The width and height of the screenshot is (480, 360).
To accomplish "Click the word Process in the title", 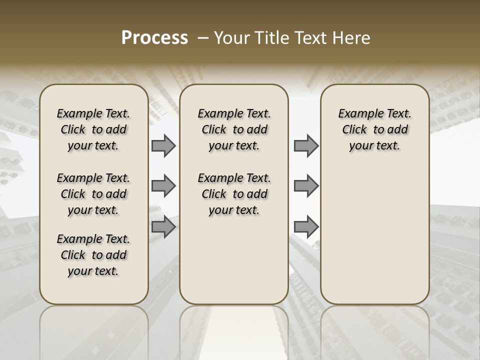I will pyautogui.click(x=154, y=38).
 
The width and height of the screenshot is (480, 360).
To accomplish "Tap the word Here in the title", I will pyautogui.click(x=352, y=38).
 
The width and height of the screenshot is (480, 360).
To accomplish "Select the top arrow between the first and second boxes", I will pyautogui.click(x=163, y=145).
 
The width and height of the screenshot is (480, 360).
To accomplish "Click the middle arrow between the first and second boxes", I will pyautogui.click(x=163, y=186).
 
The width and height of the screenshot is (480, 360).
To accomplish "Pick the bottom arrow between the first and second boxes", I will pyautogui.click(x=163, y=227).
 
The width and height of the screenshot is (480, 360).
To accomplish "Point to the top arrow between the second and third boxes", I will pyautogui.click(x=306, y=145).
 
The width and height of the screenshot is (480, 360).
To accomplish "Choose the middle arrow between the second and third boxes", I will pyautogui.click(x=306, y=186).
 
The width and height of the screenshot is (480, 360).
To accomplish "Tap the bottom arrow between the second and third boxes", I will pyautogui.click(x=306, y=227).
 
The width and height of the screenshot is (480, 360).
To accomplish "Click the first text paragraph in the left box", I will pyautogui.click(x=93, y=129).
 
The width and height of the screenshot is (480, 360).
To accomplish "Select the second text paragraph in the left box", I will pyautogui.click(x=93, y=194).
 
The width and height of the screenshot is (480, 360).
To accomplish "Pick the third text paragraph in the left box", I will pyautogui.click(x=93, y=255).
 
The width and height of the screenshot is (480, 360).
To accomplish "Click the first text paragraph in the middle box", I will pyautogui.click(x=234, y=129).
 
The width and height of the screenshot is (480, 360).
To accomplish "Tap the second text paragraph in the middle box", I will pyautogui.click(x=234, y=194).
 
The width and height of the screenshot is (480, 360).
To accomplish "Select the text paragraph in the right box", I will pyautogui.click(x=374, y=129).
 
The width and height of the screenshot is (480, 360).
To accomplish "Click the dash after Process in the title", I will pyautogui.click(x=203, y=38).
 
